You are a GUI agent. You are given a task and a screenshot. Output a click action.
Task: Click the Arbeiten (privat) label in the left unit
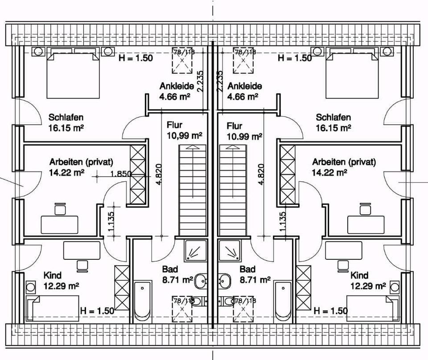[81, 162]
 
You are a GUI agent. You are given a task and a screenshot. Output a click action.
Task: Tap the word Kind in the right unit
[359, 275]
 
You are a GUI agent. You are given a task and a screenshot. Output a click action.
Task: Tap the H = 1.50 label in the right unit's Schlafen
[294, 58]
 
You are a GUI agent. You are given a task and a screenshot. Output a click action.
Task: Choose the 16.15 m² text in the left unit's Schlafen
[66, 127]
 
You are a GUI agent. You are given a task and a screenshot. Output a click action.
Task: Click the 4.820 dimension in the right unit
[261, 176]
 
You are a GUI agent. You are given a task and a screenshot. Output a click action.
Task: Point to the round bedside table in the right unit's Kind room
[394, 285]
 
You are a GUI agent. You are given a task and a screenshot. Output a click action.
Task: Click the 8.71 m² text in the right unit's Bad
[255, 280]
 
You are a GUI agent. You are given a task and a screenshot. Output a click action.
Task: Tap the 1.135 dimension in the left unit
[111, 221]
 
